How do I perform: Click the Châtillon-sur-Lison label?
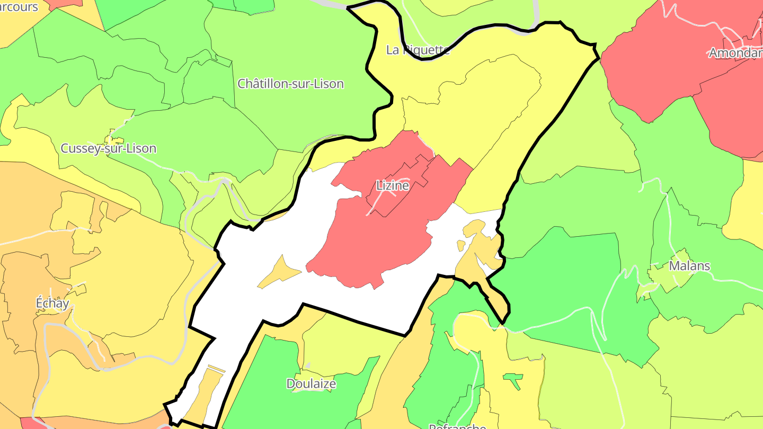click(290, 84)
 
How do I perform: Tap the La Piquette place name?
click(418, 50)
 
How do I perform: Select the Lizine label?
click(393, 186)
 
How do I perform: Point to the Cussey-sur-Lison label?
click(108, 148)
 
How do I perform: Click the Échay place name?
click(52, 303)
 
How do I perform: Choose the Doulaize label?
click(311, 383)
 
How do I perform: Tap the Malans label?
click(689, 266)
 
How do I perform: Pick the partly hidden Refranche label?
click(457, 425)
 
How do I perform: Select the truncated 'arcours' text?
click(19, 7)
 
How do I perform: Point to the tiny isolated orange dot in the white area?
click(461, 245)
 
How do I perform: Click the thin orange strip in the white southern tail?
click(216, 368)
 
